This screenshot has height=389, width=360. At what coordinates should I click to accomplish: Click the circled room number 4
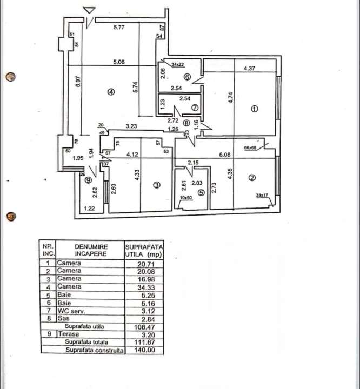coord(110,92)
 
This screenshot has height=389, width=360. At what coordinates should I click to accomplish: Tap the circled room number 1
coord(255,109)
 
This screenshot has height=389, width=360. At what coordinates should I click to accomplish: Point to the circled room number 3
coord(157,185)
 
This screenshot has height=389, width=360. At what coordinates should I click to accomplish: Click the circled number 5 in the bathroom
coord(201,191)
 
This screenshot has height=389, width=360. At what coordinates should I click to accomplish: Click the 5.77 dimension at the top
coord(120,28)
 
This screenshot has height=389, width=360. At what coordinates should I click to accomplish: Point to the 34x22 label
coord(177,64)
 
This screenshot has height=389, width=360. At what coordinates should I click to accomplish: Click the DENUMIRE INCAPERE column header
coord(90,249)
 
